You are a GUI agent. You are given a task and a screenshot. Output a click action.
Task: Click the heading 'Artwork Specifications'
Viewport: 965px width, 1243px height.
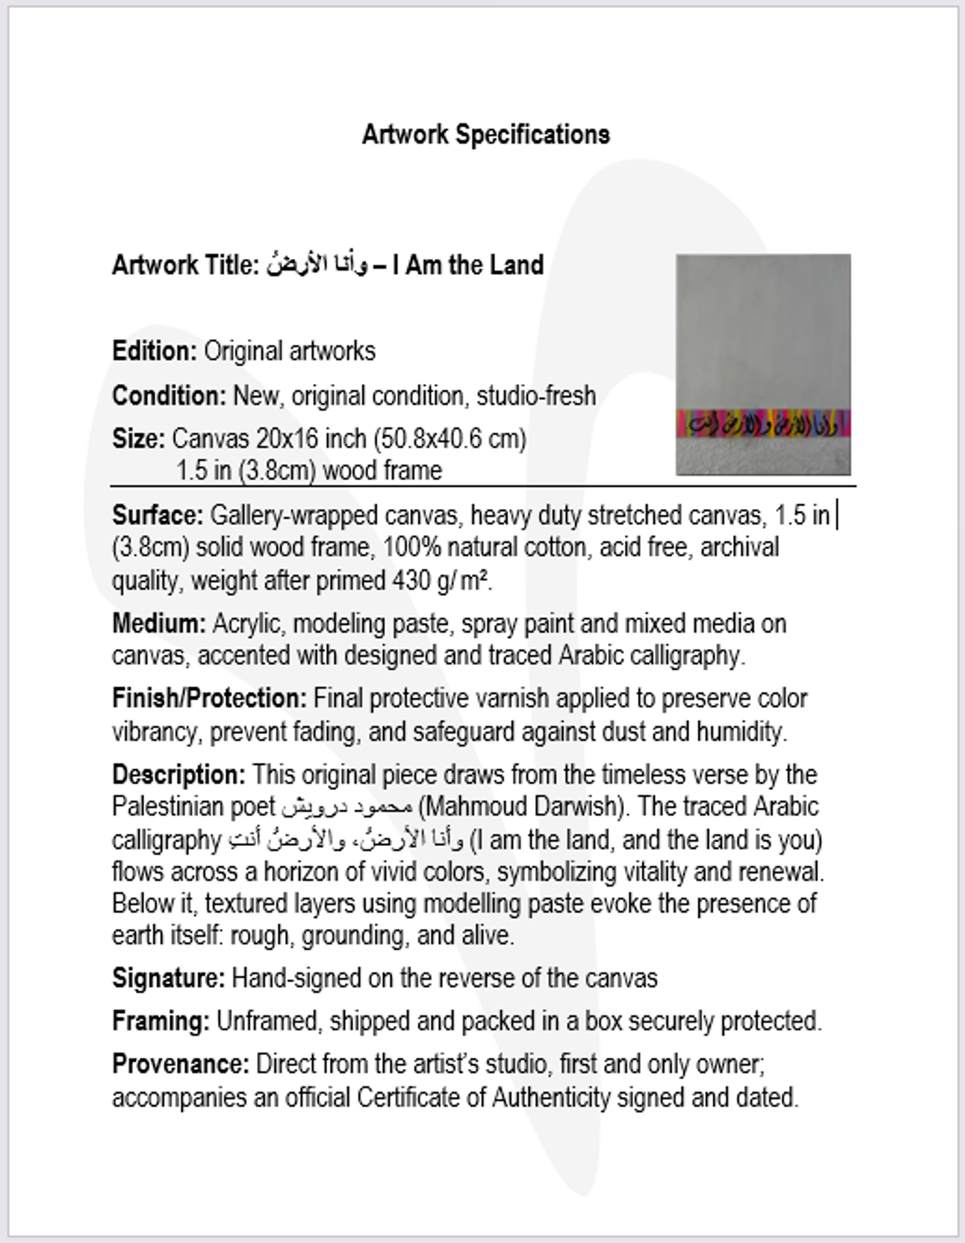point(485,135)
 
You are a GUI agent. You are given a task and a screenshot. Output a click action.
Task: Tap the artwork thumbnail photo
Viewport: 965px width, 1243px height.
point(763,331)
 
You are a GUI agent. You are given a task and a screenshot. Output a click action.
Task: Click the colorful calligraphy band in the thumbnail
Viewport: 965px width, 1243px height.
point(763,423)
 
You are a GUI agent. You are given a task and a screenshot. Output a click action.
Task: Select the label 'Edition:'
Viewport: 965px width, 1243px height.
point(155,351)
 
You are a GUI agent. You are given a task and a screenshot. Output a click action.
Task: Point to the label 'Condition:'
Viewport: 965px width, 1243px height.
point(169,396)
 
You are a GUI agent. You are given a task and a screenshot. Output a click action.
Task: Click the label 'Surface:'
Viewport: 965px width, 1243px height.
point(157,516)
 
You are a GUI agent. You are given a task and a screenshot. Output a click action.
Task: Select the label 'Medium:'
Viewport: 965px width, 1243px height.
point(159,624)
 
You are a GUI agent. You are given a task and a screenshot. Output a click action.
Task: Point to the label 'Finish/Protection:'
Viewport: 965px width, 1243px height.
point(209,698)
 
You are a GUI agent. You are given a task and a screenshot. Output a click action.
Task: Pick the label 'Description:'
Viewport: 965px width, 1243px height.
point(179,775)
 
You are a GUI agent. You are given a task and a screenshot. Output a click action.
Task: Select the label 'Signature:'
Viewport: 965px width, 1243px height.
point(168,979)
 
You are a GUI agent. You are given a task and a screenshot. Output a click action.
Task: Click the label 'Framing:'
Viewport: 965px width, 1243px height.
point(161,1021)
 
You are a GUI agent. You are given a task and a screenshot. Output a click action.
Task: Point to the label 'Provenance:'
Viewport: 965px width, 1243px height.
point(180,1064)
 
